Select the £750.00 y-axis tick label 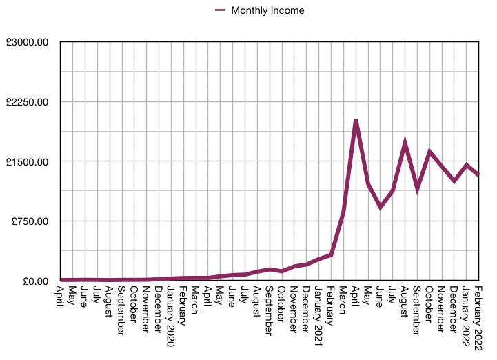coord(32,221)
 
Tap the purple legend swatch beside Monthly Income coord(221,10)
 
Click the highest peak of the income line coord(356,121)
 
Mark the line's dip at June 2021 coord(380,207)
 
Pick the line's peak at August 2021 coord(405,143)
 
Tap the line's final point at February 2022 coord(478,175)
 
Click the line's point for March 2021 coord(343,212)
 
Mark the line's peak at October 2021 coord(429,152)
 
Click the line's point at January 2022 coord(467,166)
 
